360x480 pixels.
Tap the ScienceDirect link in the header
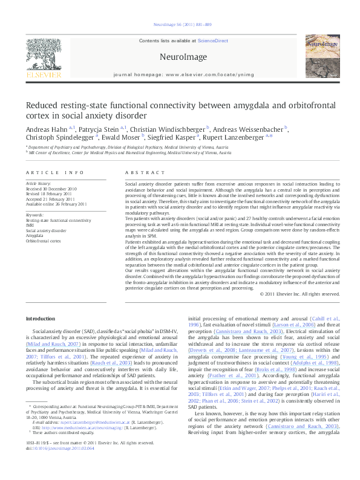[212, 40]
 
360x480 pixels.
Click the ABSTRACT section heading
[140, 172]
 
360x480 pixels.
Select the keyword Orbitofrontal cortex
[43, 241]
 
